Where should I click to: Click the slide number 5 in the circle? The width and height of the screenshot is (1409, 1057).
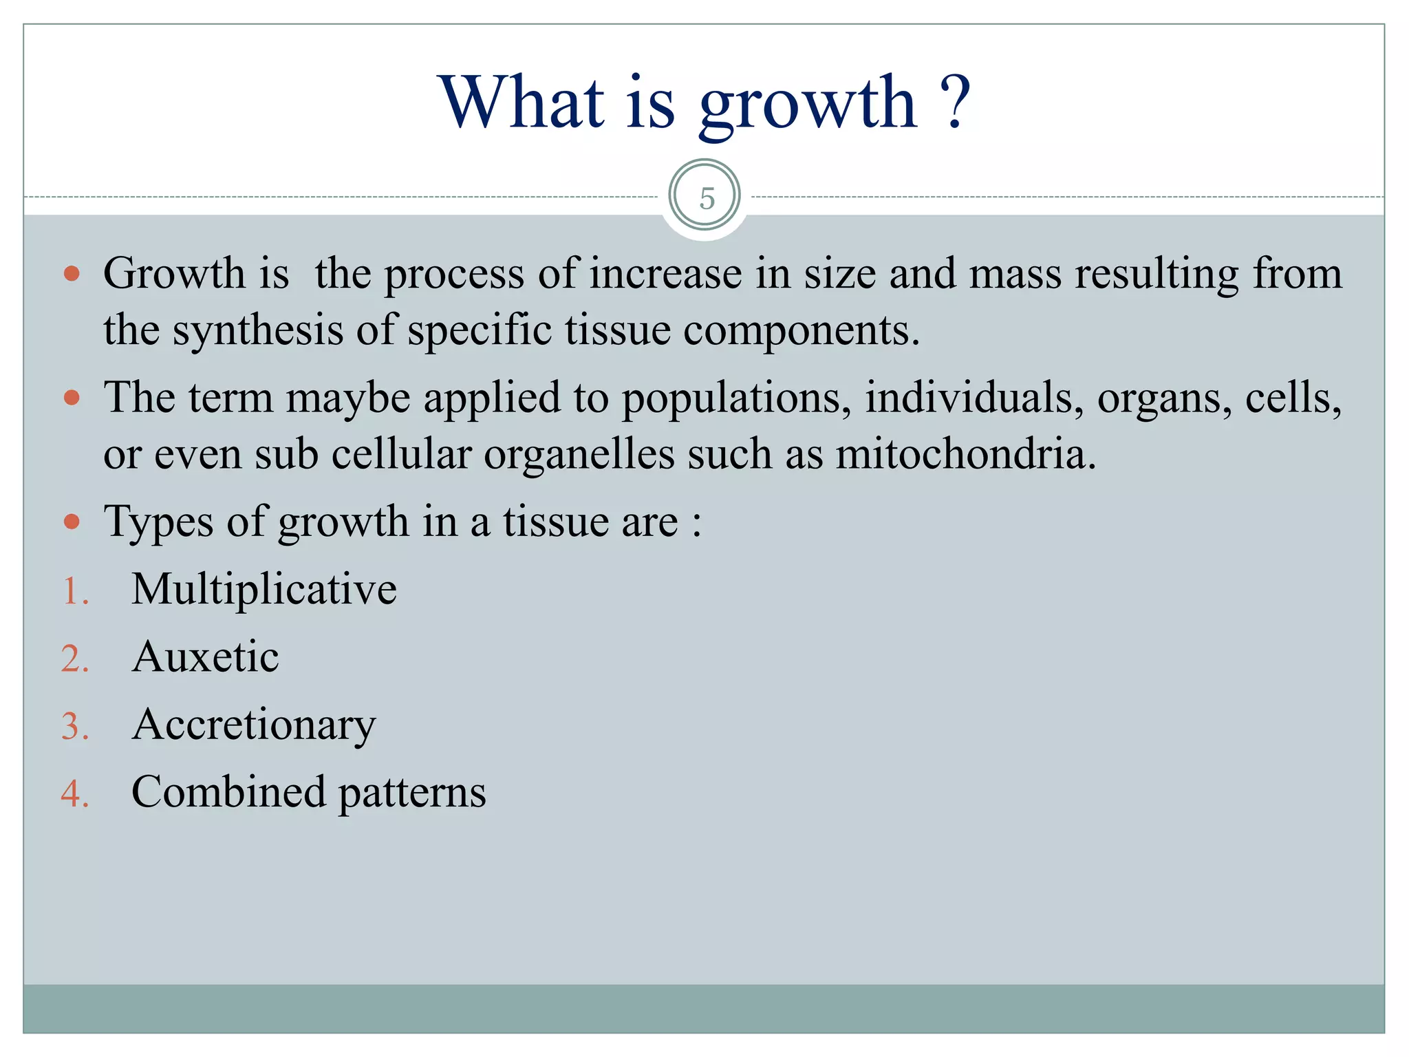pos(707,198)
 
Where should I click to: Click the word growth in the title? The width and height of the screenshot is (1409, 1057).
pos(808,105)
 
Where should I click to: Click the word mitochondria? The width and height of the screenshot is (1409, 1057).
pos(965,454)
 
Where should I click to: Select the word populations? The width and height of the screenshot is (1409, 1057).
pos(737,398)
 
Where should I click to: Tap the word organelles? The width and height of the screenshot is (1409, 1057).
pos(579,454)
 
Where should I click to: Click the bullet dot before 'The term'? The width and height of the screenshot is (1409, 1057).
pos(72,398)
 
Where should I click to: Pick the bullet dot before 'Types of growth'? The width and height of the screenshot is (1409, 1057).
pos(72,522)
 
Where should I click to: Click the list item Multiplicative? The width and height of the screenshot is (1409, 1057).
pos(264,589)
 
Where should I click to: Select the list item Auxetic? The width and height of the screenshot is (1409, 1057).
pos(205,656)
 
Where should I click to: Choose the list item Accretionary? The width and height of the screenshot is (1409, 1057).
pos(254,725)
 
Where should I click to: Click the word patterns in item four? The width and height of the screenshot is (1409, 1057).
pos(412,793)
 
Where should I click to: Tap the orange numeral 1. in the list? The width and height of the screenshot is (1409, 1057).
pos(75,591)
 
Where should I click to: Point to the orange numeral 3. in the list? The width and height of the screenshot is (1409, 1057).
pos(75,727)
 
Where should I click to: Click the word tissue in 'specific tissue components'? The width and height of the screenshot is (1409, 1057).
pos(617,330)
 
